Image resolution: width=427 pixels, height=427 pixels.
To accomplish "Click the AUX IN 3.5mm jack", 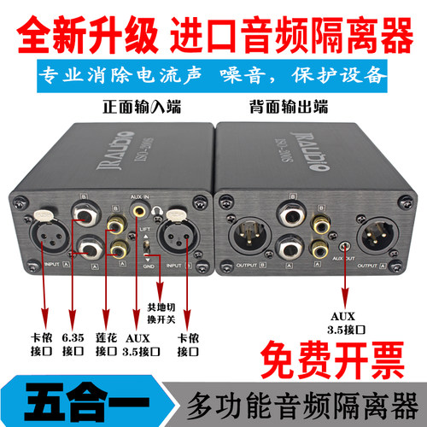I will (135, 207).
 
